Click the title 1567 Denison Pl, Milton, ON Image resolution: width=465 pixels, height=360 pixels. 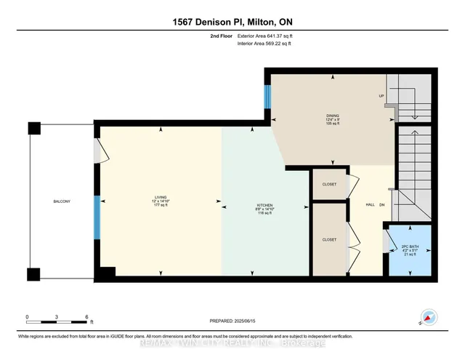pyautogui.click(x=232, y=23)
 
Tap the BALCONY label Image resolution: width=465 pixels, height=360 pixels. pyautogui.click(x=61, y=201)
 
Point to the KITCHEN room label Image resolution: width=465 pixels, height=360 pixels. pyautogui.click(x=254, y=205)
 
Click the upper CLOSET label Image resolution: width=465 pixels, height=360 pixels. pyautogui.click(x=329, y=185)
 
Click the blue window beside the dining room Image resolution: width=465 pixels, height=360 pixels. pyautogui.click(x=267, y=95)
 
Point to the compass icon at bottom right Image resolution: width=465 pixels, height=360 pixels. pyautogui.click(x=429, y=317)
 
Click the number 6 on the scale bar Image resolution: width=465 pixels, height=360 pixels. pyautogui.click(x=86, y=317)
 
